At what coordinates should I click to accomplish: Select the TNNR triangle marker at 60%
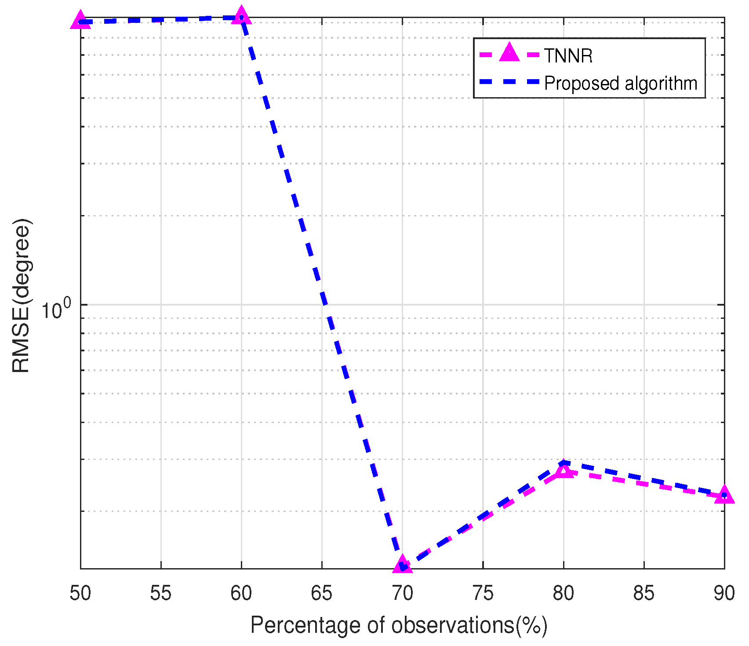point(241,16)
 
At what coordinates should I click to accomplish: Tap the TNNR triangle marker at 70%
point(403,564)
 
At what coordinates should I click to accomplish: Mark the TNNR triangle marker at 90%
point(724,495)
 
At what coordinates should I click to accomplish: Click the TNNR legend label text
point(568,56)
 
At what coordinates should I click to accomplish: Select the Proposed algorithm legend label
point(621,83)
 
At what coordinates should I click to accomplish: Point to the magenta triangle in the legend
point(509,53)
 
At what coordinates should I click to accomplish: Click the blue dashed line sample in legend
point(509,82)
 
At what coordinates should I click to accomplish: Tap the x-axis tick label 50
point(80,593)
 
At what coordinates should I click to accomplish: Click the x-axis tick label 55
point(161,593)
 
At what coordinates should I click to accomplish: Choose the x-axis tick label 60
point(241,593)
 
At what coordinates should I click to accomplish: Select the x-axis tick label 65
point(322,593)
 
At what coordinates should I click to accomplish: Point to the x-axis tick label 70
point(403,593)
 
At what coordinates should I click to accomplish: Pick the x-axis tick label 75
point(483,593)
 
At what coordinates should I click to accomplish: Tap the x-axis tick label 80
point(564,593)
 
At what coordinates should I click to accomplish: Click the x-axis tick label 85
point(644,593)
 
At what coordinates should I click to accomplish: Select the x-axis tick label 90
point(724,593)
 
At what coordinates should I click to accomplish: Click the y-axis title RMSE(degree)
point(21,296)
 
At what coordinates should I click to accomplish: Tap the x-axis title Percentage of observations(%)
point(399,625)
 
